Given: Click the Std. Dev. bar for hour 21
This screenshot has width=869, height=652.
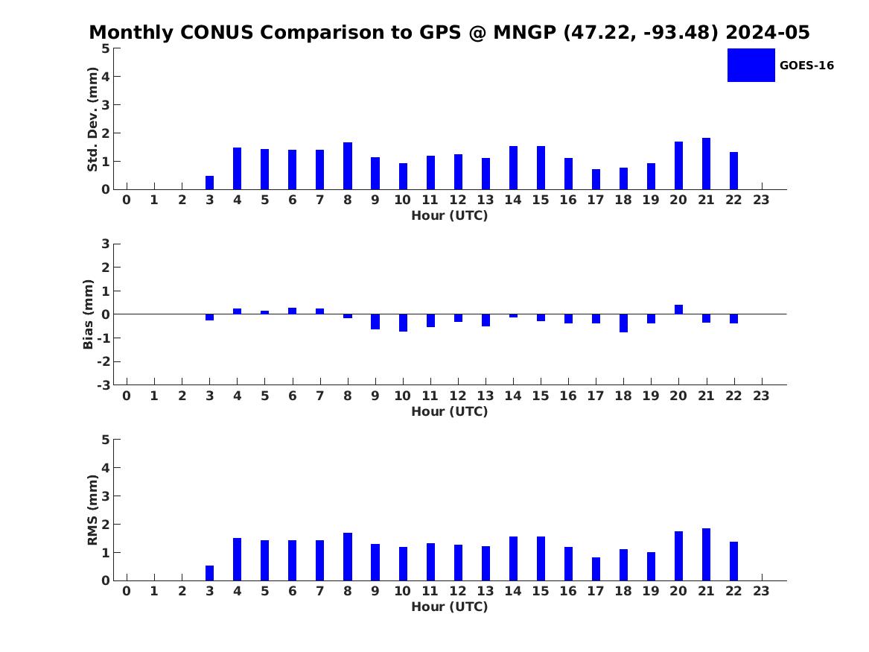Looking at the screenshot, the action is (x=706, y=163).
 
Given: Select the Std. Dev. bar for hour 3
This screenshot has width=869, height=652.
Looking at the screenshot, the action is (x=209, y=183).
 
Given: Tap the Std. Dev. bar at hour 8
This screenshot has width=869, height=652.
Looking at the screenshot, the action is (x=348, y=165).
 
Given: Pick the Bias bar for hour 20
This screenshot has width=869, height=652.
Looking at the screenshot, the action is (x=678, y=309).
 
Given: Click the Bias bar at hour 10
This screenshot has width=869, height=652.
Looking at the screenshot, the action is (x=403, y=323).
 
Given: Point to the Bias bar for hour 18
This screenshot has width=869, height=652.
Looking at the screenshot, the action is (x=623, y=323).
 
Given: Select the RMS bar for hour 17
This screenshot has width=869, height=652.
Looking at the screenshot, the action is (x=596, y=569).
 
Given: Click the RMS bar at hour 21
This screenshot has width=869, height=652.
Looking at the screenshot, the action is (x=706, y=554).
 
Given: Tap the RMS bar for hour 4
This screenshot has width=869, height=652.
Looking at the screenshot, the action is (x=238, y=560).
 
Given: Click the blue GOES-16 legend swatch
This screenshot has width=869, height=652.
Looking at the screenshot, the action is (x=751, y=66).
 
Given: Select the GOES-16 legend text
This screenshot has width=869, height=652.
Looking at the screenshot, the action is (x=806, y=66).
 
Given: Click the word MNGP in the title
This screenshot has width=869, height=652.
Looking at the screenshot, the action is (x=524, y=32).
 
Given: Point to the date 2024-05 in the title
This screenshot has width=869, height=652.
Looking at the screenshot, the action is (x=768, y=32).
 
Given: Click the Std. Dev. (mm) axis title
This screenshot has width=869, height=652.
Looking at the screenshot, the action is (x=92, y=119).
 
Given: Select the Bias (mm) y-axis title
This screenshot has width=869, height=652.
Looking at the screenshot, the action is (x=88, y=314).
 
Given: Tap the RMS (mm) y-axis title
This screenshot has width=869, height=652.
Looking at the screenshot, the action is (x=92, y=510).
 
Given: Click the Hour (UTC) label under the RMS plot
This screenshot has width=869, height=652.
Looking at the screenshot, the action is (x=450, y=607).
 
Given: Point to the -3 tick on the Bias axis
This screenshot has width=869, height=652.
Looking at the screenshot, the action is (x=104, y=385).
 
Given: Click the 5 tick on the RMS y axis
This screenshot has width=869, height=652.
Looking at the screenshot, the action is (x=106, y=440).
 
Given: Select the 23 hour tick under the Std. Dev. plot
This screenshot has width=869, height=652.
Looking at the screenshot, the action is (x=761, y=200).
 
